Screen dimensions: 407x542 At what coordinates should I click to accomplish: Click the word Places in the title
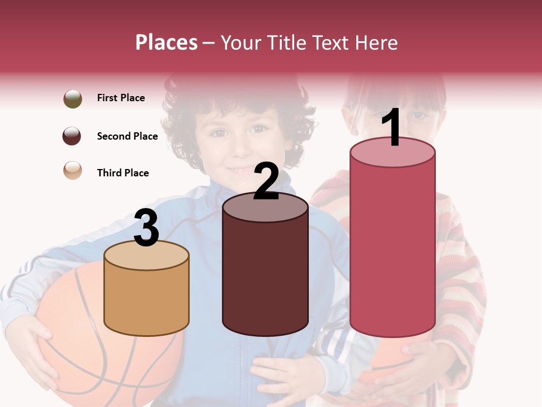[166, 42]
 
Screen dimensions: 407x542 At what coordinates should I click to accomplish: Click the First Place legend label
[121, 98]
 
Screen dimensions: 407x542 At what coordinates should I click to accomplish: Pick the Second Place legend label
[127, 136]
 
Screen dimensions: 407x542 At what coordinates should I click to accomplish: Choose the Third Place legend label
[123, 173]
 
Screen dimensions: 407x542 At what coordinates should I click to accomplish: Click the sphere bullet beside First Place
[72, 98]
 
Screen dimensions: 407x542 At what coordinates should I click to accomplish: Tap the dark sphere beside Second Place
[72, 136]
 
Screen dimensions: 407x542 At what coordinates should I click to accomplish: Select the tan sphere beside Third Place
[72, 170]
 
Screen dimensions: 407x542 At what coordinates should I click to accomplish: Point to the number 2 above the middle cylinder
[266, 181]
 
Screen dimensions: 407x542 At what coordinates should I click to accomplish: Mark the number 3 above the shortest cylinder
[146, 228]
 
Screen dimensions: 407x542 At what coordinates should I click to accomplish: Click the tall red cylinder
[392, 243]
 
